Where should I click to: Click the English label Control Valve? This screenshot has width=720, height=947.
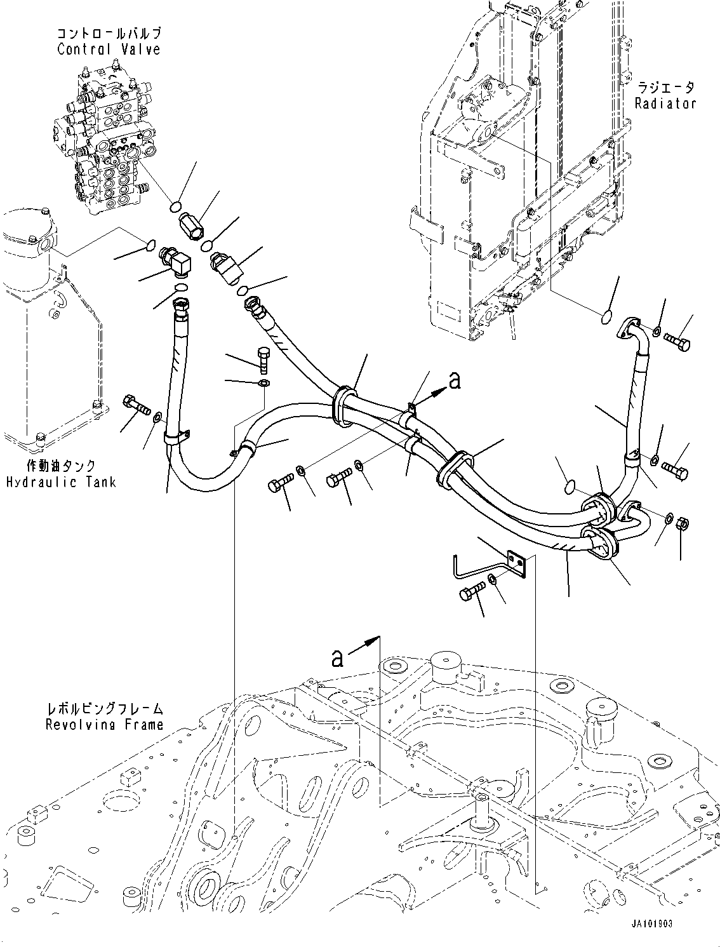(x=109, y=50)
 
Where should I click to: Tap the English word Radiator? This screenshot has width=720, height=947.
(x=665, y=103)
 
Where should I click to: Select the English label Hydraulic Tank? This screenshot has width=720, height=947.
(x=61, y=482)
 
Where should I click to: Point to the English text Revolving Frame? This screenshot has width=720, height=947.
(x=104, y=724)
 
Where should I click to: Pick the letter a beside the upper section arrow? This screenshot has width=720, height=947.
(x=453, y=380)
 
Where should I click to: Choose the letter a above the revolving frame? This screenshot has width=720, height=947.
(x=337, y=658)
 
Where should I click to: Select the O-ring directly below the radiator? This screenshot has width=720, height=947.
(x=606, y=316)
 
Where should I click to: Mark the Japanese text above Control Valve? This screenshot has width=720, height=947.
(x=109, y=33)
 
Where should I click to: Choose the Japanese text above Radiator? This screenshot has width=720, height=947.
(x=665, y=87)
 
